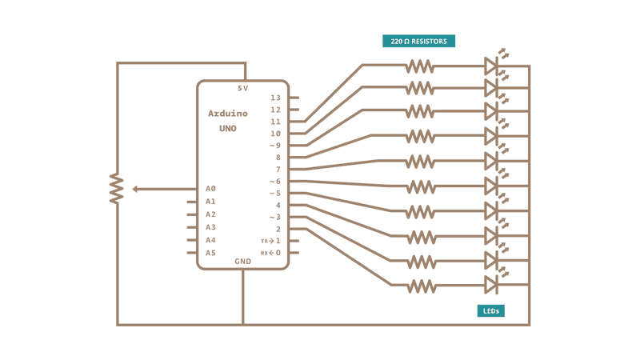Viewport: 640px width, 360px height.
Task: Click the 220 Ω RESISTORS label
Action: point(419,41)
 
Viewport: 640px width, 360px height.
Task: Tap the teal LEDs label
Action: point(492,310)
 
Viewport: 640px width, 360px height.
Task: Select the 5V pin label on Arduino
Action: point(243,89)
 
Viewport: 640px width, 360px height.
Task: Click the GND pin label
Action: point(242,261)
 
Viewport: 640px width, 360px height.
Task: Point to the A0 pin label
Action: point(210,189)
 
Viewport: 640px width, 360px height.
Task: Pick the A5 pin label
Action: point(210,253)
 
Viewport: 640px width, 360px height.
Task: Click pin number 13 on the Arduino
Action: point(275,98)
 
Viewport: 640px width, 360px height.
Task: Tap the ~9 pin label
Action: point(274,146)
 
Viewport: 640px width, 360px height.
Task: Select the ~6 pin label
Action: point(274,182)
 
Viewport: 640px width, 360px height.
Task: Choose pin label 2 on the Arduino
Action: point(278,230)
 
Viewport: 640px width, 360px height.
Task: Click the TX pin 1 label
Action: point(271,241)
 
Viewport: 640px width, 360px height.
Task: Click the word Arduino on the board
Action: point(227,114)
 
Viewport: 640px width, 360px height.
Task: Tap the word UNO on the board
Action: point(227,128)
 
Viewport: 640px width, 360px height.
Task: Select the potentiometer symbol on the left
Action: point(118,189)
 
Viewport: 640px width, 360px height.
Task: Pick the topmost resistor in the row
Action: point(420,65)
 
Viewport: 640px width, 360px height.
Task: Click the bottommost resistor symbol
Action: point(420,285)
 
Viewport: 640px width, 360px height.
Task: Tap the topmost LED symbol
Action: point(492,65)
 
